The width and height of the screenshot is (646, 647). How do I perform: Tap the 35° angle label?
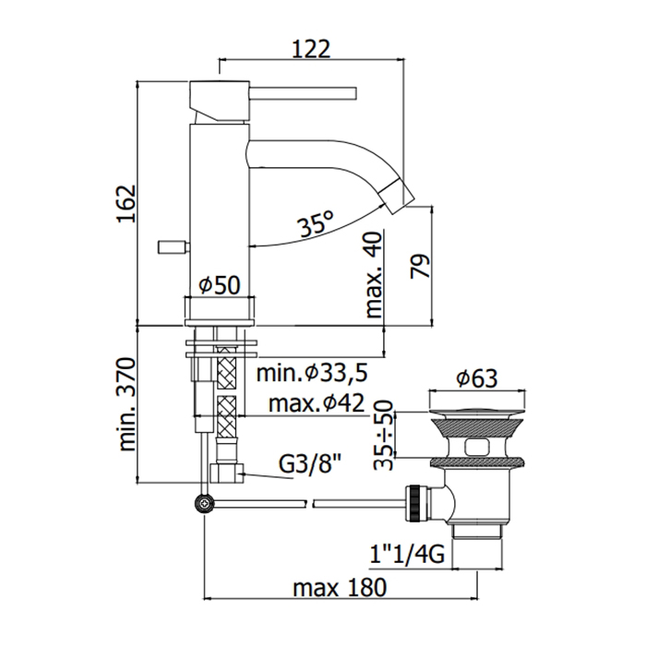point(315,223)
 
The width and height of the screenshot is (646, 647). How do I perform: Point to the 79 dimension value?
point(421,268)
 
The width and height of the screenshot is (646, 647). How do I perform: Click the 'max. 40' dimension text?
point(373,275)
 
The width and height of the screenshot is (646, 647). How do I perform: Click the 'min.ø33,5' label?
point(313,374)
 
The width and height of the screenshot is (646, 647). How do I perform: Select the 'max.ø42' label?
point(316,404)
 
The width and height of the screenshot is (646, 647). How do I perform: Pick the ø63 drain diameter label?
point(478,378)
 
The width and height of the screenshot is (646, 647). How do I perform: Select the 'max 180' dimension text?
point(339,587)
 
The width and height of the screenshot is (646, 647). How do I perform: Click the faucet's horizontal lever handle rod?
point(305,91)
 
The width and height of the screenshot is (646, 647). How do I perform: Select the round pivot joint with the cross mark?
point(203,504)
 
